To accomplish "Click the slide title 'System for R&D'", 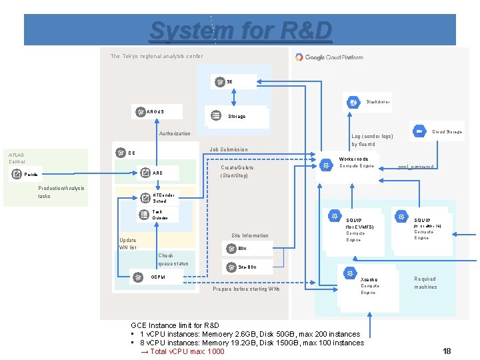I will point(240,30).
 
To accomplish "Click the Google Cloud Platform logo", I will point(329,57).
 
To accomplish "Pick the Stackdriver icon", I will point(353,102).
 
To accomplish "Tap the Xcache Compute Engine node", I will point(364,283).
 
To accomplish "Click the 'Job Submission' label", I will point(228,149).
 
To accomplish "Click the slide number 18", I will point(447,351).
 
